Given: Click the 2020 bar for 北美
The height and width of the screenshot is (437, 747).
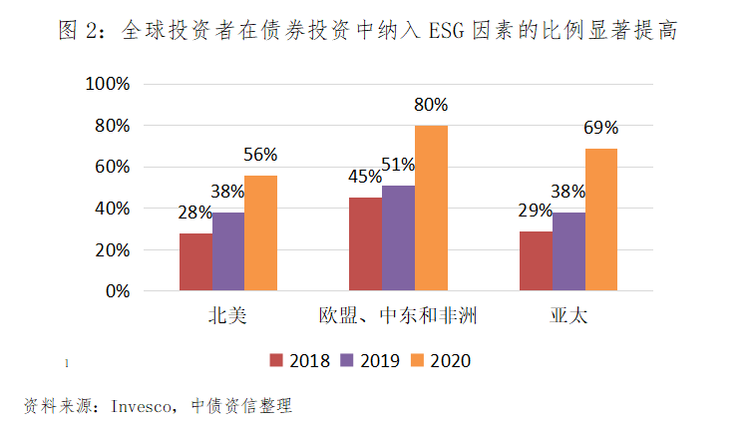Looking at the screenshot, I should click(260, 233).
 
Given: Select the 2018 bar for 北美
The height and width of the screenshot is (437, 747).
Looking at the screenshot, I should click(195, 262).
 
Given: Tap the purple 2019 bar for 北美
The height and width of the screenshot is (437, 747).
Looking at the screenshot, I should click(227, 251).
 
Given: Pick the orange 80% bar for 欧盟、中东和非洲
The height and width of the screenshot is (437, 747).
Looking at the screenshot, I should click(431, 209).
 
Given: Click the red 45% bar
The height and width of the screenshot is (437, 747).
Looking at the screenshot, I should click(365, 244).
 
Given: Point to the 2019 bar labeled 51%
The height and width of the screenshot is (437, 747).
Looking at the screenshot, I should click(398, 238).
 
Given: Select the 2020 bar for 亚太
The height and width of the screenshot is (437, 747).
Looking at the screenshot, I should click(601, 219).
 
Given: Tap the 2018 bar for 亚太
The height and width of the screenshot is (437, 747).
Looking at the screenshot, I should click(536, 261).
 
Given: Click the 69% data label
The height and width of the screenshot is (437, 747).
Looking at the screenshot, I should click(601, 128).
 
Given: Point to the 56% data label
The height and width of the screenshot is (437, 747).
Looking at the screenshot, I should click(260, 155).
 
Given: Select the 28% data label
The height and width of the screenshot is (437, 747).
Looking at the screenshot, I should click(195, 212).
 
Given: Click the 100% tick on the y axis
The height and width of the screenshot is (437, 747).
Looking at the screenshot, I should click(109, 84).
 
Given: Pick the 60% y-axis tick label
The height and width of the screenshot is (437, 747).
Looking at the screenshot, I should click(113, 167).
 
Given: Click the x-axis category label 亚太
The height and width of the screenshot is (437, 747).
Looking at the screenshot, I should click(568, 317).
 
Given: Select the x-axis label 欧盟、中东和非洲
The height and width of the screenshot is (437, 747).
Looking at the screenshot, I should click(398, 317).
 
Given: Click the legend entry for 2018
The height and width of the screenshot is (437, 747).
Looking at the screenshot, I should click(298, 360).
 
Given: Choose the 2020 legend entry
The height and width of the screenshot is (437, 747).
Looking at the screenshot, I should click(440, 360).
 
